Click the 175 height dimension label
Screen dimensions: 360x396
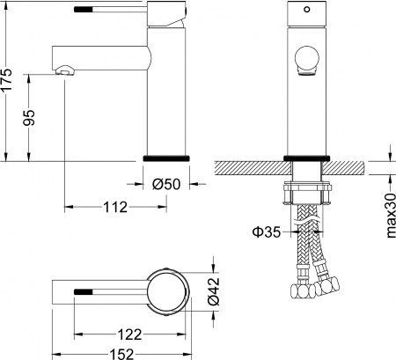(9, 83)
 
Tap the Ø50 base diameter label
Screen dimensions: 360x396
(165, 185)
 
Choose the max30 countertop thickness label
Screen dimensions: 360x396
(386, 215)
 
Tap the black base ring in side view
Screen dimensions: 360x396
(165, 158)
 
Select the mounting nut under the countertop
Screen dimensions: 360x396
(307, 192)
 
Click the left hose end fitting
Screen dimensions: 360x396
(302, 292)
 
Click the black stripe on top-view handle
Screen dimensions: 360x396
(84, 289)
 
